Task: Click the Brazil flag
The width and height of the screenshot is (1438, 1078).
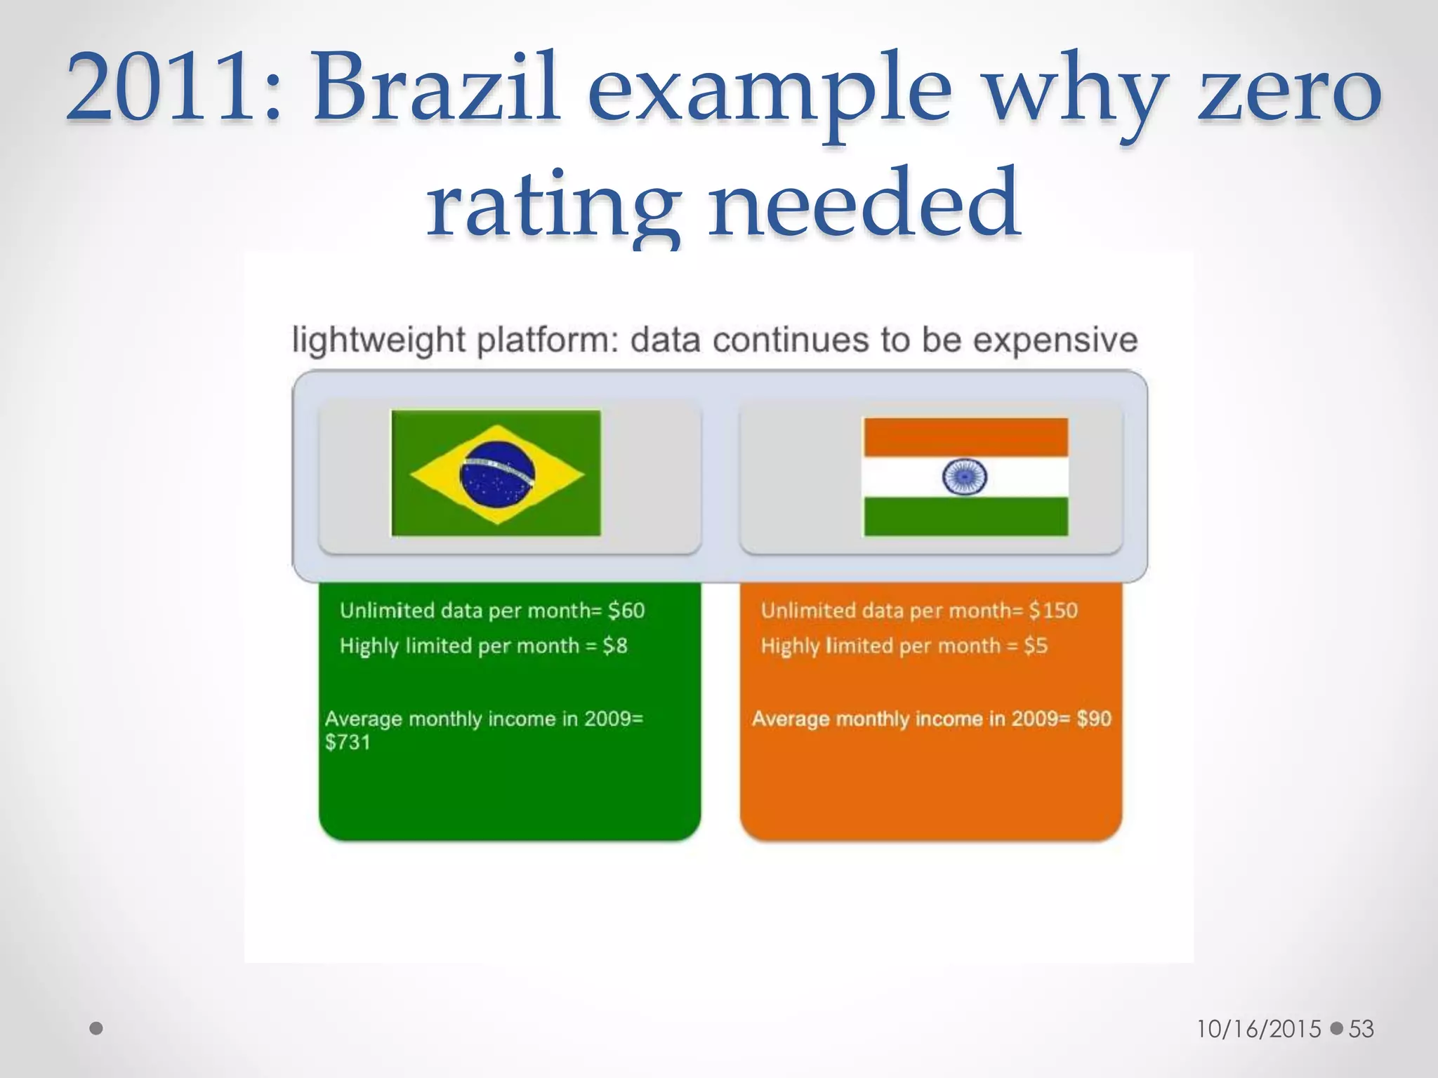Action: [496, 474]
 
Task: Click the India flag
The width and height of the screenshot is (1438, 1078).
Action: [965, 477]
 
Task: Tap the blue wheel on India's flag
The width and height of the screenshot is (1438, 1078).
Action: [964, 477]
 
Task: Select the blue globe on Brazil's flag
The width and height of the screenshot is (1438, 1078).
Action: [496, 474]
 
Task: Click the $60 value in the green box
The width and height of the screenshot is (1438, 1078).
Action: [626, 611]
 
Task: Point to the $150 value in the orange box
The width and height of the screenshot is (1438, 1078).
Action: [1053, 611]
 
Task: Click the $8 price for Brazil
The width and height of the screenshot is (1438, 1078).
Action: [615, 646]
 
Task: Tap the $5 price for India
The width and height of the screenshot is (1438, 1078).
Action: [1036, 646]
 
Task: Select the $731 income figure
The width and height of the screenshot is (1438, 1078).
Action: [348, 743]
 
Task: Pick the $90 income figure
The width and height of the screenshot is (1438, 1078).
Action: [1094, 719]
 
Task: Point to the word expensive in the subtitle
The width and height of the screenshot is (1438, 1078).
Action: [1055, 340]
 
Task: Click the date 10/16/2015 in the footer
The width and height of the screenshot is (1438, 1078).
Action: [1259, 1029]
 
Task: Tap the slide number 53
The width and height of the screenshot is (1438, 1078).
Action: [1361, 1029]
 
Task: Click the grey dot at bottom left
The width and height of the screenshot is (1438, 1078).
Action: [97, 1029]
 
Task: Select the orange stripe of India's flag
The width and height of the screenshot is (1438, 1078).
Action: [965, 437]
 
